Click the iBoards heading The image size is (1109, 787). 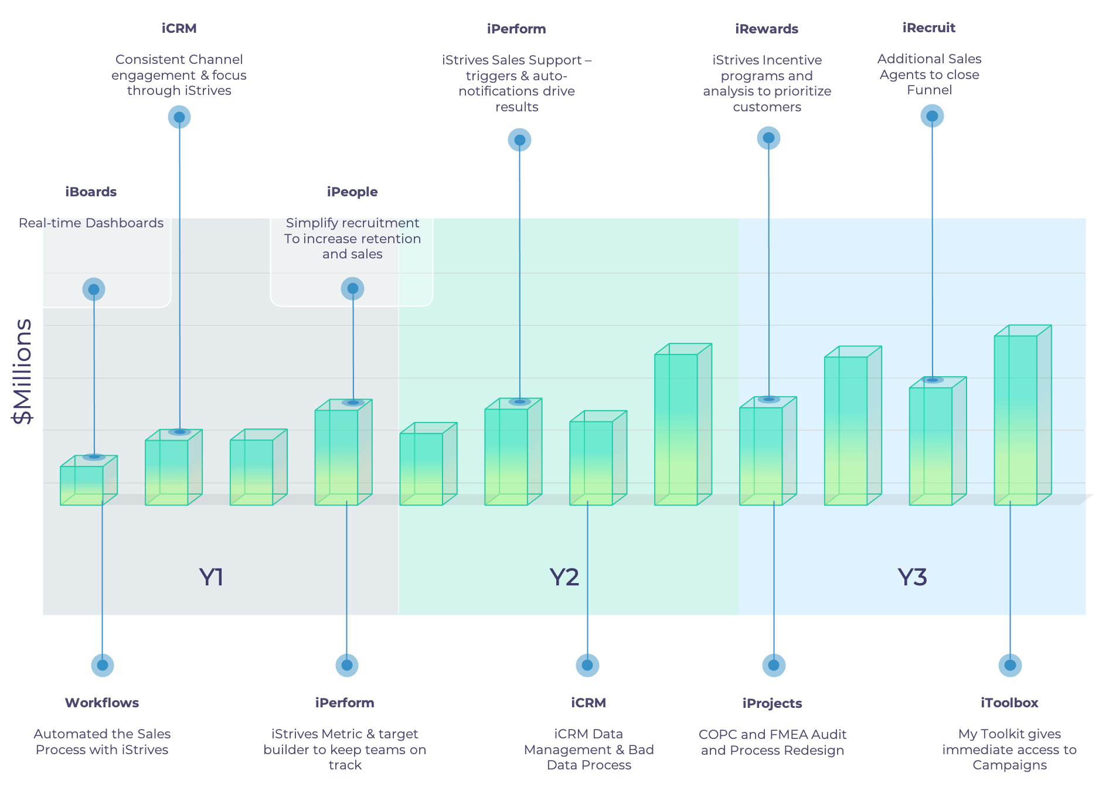91,192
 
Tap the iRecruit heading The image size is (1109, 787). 929,28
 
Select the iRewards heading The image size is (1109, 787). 767,29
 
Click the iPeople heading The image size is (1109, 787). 352,192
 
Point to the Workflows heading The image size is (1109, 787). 102,703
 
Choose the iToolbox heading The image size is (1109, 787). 1009,703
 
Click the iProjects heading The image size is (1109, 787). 772,704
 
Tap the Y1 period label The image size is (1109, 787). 212,578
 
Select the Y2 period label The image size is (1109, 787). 564,578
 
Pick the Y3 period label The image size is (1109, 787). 913,578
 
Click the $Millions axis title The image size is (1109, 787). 23,371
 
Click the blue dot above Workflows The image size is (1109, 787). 103,665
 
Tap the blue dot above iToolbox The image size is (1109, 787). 1010,665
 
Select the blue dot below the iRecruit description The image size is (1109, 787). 932,116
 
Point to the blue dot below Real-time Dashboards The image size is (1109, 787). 94,289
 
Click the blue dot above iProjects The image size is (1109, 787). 774,665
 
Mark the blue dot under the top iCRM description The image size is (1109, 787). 179,117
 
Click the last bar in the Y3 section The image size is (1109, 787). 1023,415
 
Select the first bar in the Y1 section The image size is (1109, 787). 89,481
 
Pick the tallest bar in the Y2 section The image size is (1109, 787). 683,424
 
